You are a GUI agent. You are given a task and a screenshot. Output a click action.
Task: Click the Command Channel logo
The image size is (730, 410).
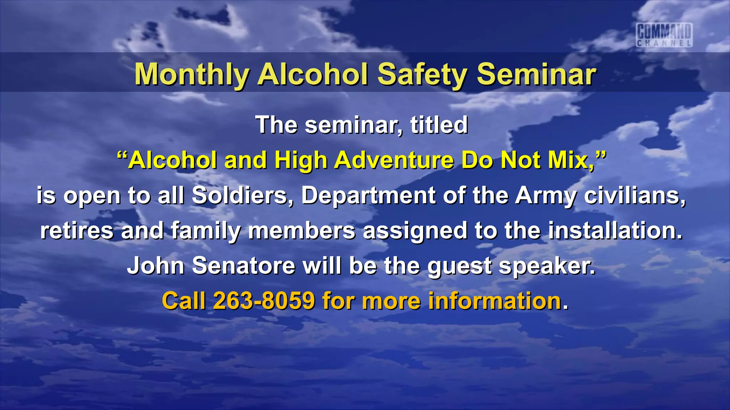[664, 35]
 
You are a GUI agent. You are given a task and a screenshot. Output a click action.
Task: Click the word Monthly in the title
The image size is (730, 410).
[191, 74]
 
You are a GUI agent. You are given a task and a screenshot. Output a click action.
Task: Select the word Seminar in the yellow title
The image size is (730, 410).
[536, 74]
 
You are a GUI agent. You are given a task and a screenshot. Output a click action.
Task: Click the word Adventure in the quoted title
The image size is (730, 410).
[394, 160]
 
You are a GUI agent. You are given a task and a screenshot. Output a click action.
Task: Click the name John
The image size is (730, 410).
[156, 266]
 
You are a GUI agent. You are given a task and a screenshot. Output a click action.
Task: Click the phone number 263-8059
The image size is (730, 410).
[264, 301]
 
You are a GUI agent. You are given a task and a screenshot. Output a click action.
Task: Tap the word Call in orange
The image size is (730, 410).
[184, 301]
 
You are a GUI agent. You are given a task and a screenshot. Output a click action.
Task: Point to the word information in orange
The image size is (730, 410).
[495, 301]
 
